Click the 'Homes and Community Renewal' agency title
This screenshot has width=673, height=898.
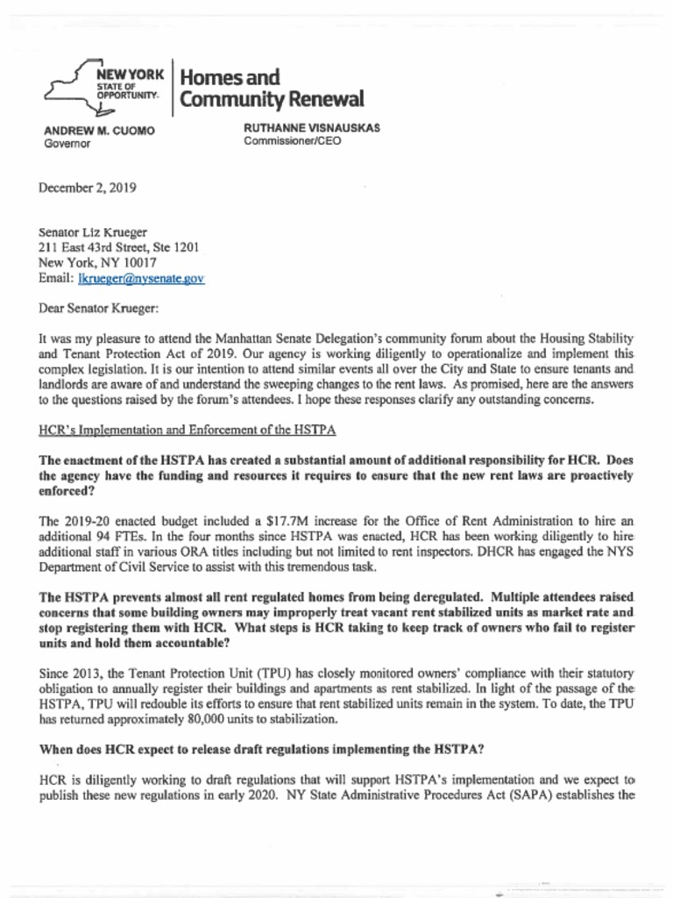click(x=270, y=88)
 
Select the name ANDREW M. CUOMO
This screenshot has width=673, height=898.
click(x=99, y=131)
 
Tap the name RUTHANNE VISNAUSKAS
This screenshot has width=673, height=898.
click(x=311, y=127)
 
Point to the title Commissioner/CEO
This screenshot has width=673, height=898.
click(x=292, y=140)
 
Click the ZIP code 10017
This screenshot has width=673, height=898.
click(x=139, y=262)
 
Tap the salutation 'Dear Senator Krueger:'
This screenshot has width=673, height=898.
click(x=98, y=308)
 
